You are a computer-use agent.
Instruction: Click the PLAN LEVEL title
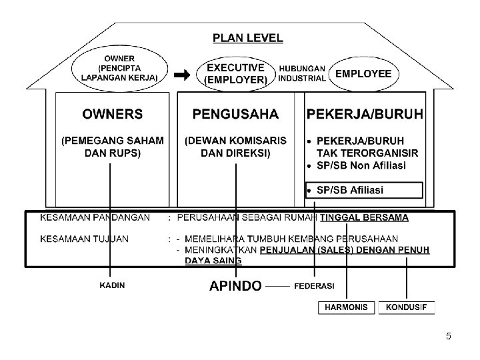point(247,39)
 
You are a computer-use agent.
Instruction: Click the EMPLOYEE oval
point(363,74)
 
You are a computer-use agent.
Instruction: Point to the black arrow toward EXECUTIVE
point(182,76)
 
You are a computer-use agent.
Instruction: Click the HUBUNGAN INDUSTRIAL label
point(302,73)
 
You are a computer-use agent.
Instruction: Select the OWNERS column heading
point(112,114)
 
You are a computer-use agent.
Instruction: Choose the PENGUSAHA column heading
point(235,114)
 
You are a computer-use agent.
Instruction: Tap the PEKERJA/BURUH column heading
point(365,114)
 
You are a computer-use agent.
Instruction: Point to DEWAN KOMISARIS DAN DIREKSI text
point(235,147)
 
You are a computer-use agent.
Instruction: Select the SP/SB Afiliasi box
point(364,191)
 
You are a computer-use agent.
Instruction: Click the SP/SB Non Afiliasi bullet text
point(359,165)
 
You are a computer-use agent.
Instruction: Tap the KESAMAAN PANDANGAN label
point(95,217)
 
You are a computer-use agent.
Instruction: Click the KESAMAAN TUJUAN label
point(85,238)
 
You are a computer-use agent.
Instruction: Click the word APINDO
point(235,287)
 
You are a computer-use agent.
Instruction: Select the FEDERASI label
point(314,287)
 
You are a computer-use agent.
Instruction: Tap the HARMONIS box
point(347,307)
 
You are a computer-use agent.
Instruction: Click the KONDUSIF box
point(407,307)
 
